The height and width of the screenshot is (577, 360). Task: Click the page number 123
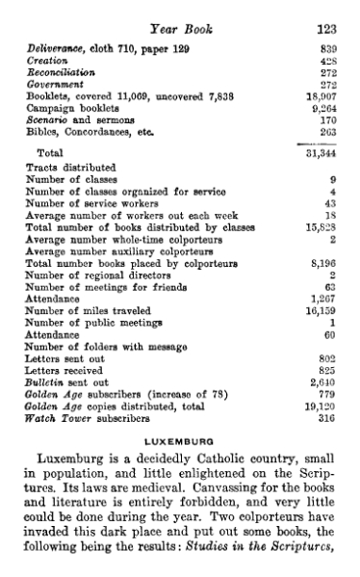tap(331, 13)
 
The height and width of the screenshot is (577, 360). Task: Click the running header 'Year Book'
tap(177, 13)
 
